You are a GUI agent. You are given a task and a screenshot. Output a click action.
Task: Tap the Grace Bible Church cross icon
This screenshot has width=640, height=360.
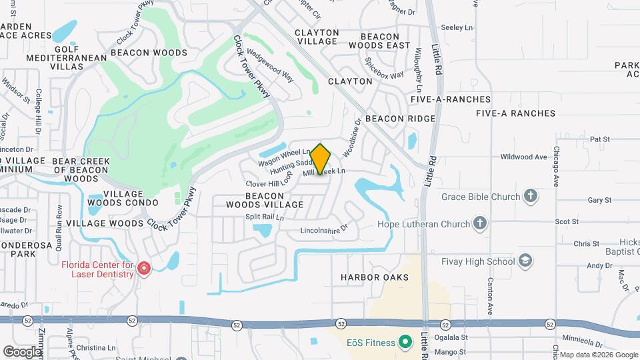530,196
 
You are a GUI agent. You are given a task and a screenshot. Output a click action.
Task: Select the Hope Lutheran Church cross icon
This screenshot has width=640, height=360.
479,224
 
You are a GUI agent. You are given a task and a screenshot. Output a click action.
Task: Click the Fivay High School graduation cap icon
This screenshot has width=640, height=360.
525,260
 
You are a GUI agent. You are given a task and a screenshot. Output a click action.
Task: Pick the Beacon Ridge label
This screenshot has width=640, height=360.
400,119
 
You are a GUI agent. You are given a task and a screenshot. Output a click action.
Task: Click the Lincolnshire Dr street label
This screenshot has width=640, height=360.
324,229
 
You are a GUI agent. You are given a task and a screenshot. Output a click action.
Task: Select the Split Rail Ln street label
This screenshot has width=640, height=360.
265,217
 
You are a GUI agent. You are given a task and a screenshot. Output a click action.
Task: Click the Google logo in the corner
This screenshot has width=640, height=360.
22,351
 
